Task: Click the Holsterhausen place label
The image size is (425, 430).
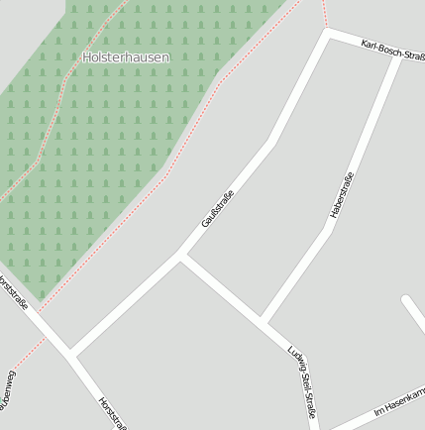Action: (126, 57)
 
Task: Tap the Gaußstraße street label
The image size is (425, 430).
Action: (217, 207)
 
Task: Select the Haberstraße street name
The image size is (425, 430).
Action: (342, 195)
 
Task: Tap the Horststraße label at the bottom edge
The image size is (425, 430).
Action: (112, 413)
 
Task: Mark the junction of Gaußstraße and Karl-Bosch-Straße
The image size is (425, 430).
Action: (328, 33)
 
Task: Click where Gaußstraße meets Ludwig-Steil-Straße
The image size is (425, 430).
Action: (181, 257)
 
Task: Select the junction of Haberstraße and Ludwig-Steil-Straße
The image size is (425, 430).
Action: (265, 320)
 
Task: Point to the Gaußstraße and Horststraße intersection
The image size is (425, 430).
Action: (71, 353)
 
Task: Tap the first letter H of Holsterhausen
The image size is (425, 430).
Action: (87, 57)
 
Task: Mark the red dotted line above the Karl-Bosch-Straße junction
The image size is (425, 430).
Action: (324, 13)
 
